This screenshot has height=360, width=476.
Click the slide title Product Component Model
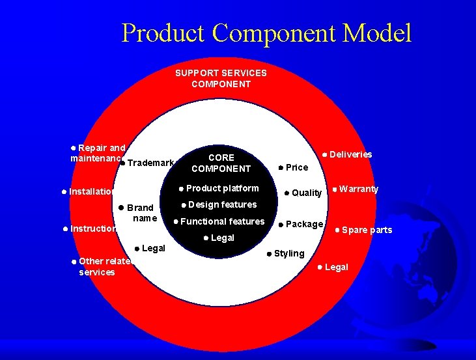[x=266, y=33]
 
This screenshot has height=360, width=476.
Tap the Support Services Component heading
[x=221, y=78]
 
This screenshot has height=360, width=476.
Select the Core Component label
[x=221, y=163]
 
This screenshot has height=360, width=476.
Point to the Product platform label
[x=222, y=188]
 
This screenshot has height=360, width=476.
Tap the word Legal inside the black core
[x=222, y=238]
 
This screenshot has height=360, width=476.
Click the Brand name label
[x=140, y=213]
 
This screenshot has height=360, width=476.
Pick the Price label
[x=297, y=167]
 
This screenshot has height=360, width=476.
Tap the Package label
[x=304, y=224]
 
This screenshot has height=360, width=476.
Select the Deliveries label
[x=350, y=154]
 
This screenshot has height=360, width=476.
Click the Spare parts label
[x=367, y=230]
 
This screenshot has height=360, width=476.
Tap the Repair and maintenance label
[x=98, y=153]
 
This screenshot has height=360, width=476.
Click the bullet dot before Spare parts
[x=337, y=230]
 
